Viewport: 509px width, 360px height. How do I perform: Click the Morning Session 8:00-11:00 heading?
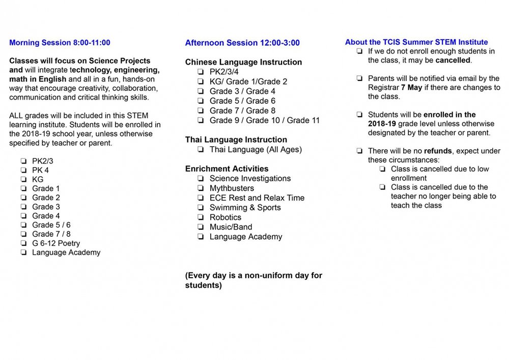click(60, 43)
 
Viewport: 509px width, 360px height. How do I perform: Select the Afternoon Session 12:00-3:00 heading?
click(242, 43)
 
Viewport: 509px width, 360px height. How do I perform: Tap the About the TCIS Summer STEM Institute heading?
click(416, 42)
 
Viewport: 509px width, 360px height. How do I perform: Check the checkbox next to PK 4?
click(24, 170)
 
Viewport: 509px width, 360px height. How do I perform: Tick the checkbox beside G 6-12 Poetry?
click(24, 243)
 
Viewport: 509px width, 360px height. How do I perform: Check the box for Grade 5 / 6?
click(24, 225)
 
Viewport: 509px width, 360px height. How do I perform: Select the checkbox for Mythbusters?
click(201, 188)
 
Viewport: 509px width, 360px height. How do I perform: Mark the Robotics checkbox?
click(201, 217)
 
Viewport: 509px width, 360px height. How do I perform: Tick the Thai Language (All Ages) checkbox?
click(201, 150)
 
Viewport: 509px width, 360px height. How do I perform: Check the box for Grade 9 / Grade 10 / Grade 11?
click(201, 121)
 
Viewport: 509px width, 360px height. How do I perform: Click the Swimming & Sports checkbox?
click(201, 208)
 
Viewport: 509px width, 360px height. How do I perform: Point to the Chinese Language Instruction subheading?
click(243, 62)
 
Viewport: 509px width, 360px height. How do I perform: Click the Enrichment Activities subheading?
click(227, 169)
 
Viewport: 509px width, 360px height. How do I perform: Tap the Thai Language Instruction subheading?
click(236, 140)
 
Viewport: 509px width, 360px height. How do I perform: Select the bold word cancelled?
click(453, 60)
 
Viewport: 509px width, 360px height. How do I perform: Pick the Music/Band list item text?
click(231, 227)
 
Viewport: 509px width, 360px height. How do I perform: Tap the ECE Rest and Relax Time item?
click(257, 198)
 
